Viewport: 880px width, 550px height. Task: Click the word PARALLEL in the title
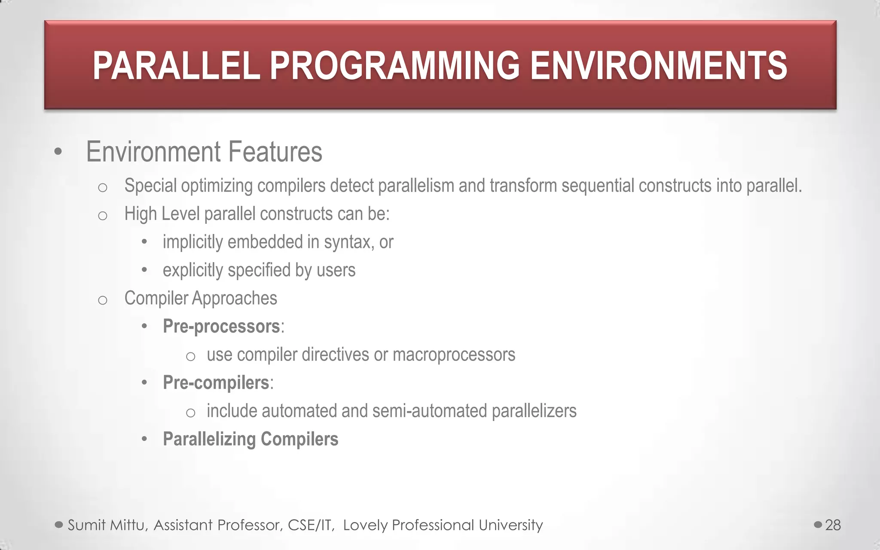(x=176, y=66)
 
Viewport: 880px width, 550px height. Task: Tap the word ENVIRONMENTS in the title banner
(x=658, y=66)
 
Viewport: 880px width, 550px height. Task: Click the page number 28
(x=833, y=525)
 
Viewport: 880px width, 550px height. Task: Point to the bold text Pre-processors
(x=221, y=327)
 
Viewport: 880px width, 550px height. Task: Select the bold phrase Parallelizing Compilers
(x=251, y=439)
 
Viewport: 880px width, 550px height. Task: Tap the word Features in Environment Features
(x=275, y=152)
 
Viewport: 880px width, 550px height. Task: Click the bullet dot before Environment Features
(x=58, y=152)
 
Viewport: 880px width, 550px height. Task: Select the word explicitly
(x=193, y=270)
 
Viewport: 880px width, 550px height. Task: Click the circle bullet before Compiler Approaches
(x=102, y=299)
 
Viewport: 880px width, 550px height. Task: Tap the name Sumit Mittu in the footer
(x=108, y=525)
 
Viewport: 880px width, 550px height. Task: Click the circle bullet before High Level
(x=102, y=215)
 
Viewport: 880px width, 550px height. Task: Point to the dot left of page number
(x=818, y=525)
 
